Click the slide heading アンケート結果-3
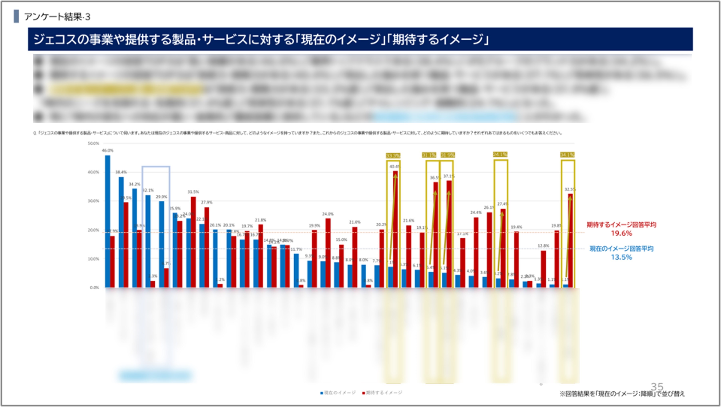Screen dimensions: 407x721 tap(57, 17)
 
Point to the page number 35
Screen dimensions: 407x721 tap(657, 387)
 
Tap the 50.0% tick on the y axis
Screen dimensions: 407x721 tap(93, 144)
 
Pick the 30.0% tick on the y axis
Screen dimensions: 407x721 tap(93, 201)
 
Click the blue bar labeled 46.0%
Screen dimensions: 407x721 tap(107, 221)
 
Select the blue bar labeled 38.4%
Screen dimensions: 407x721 tap(121, 232)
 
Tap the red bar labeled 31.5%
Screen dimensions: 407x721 tap(193, 242)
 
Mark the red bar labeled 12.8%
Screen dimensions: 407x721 tap(543, 269)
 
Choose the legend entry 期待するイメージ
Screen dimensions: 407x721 tap(382, 393)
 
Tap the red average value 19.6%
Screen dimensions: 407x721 tap(621, 233)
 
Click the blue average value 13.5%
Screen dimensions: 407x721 tap(621, 257)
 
